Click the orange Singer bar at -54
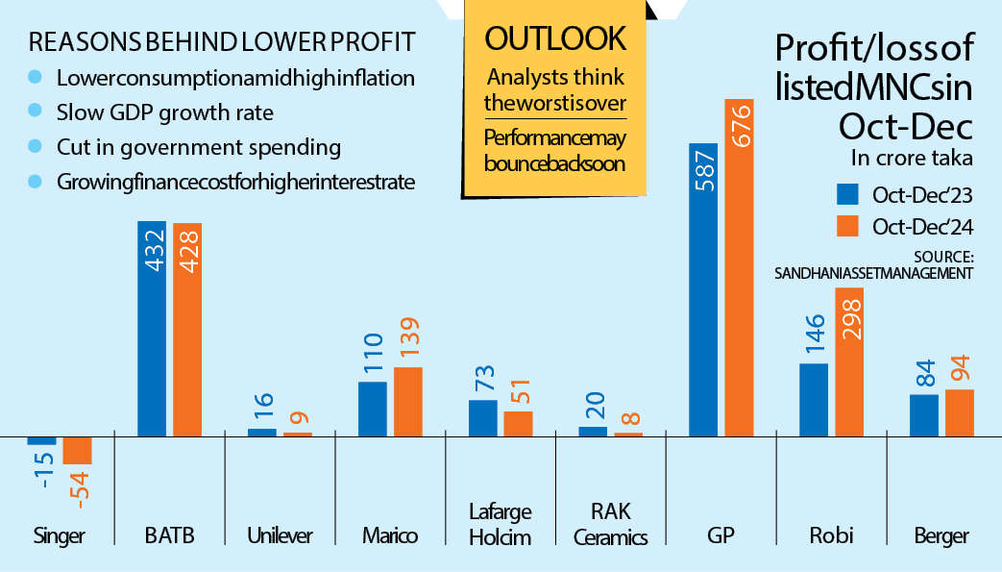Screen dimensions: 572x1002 tap(77, 450)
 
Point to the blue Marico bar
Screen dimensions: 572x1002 tap(373, 409)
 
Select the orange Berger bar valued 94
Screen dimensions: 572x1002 tap(960, 412)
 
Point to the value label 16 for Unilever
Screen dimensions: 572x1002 tap(262, 408)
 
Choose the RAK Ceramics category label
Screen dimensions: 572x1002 tap(610, 524)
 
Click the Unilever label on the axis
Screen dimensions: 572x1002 tap(280, 536)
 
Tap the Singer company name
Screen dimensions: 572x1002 tap(59, 536)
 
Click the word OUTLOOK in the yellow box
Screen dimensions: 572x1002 tap(555, 38)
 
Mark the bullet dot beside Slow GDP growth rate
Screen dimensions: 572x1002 tap(37, 112)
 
